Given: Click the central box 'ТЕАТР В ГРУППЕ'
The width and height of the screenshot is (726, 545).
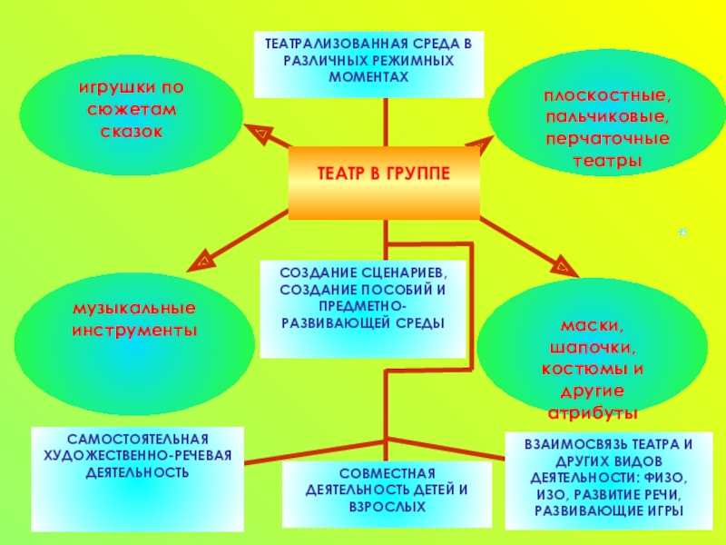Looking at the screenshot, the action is (384, 173).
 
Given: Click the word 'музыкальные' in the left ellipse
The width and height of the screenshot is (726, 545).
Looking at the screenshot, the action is (134, 311).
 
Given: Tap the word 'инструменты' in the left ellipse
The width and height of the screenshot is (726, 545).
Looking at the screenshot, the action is (134, 331).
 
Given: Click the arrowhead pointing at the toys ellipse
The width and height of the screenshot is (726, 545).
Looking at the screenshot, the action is (257, 134).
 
